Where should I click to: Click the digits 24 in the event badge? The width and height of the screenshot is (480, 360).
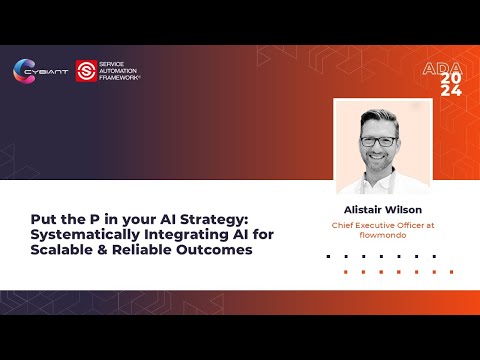[451, 91]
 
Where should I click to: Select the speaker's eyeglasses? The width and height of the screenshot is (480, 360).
[379, 140]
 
